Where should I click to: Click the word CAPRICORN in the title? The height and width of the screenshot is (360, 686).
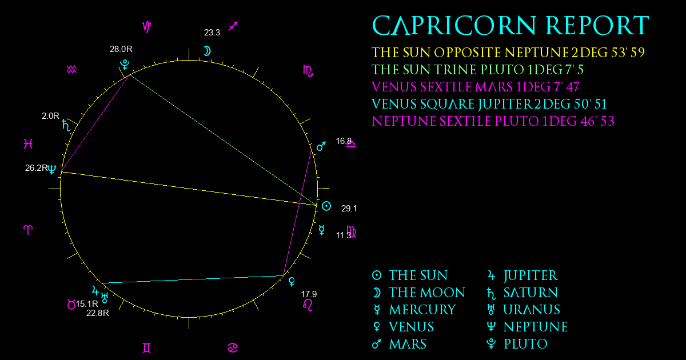[x=454, y=26]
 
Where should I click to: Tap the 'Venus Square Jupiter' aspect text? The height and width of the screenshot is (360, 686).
[x=489, y=104]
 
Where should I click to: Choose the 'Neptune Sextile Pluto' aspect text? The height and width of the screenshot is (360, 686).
[x=493, y=121]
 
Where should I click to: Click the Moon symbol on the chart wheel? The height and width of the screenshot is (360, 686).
[x=208, y=51]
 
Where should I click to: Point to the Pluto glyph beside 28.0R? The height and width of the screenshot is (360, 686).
[x=125, y=65]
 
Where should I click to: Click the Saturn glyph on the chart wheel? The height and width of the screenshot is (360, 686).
[x=66, y=125]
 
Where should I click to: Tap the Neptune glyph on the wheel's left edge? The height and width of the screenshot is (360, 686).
[x=52, y=169]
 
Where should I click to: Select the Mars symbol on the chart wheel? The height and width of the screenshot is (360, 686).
[x=321, y=146]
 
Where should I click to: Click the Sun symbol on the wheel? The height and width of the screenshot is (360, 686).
[x=326, y=206]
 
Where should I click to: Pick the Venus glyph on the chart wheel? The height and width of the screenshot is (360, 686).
[x=292, y=282]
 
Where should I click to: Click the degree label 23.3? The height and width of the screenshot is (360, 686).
[x=212, y=33]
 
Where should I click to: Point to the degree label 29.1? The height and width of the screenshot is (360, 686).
[x=349, y=209]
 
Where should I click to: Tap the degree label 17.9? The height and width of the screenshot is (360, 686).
[x=309, y=294]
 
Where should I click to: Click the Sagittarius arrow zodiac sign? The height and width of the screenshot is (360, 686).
[x=233, y=26]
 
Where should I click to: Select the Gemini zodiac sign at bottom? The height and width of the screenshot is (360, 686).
[x=147, y=348]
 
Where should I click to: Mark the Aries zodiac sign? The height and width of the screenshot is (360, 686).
[x=28, y=230]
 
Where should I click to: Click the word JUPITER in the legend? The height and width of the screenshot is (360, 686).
[x=531, y=275]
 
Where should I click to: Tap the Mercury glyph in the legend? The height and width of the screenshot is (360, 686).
[x=377, y=310]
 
